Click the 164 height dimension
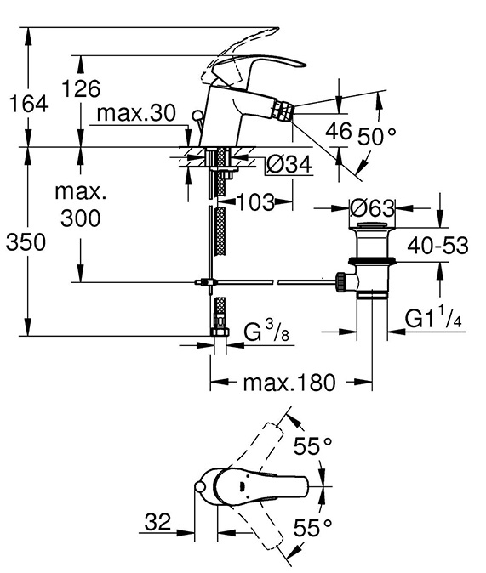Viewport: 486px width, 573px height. pos(28,104)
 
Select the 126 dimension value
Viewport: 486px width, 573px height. pos(81,88)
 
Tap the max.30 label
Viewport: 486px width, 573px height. pos(136,113)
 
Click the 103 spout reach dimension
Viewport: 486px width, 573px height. pos(256,202)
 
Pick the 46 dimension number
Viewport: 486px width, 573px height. pos(339,131)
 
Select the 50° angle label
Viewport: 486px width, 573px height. pos(376,136)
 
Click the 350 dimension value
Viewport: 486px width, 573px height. pos(26,242)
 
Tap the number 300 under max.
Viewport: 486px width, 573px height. pos(81,218)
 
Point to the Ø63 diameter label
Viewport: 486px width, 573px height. pos(372,208)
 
